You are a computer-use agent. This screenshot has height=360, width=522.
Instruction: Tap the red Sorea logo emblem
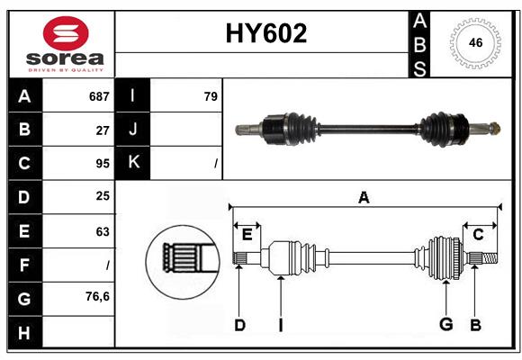[x=66, y=34]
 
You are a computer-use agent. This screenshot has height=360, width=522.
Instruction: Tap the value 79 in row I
[x=211, y=96]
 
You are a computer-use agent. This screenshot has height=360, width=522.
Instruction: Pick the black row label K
[x=133, y=163]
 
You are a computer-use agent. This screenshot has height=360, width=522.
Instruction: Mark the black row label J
[x=133, y=130]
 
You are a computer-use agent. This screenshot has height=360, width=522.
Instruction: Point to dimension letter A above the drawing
[x=364, y=198]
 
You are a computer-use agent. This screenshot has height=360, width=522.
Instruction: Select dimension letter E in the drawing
[x=247, y=235]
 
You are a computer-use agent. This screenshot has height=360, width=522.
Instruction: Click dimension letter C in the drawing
[x=478, y=235]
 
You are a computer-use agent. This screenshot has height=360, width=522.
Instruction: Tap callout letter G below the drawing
[x=445, y=325]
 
